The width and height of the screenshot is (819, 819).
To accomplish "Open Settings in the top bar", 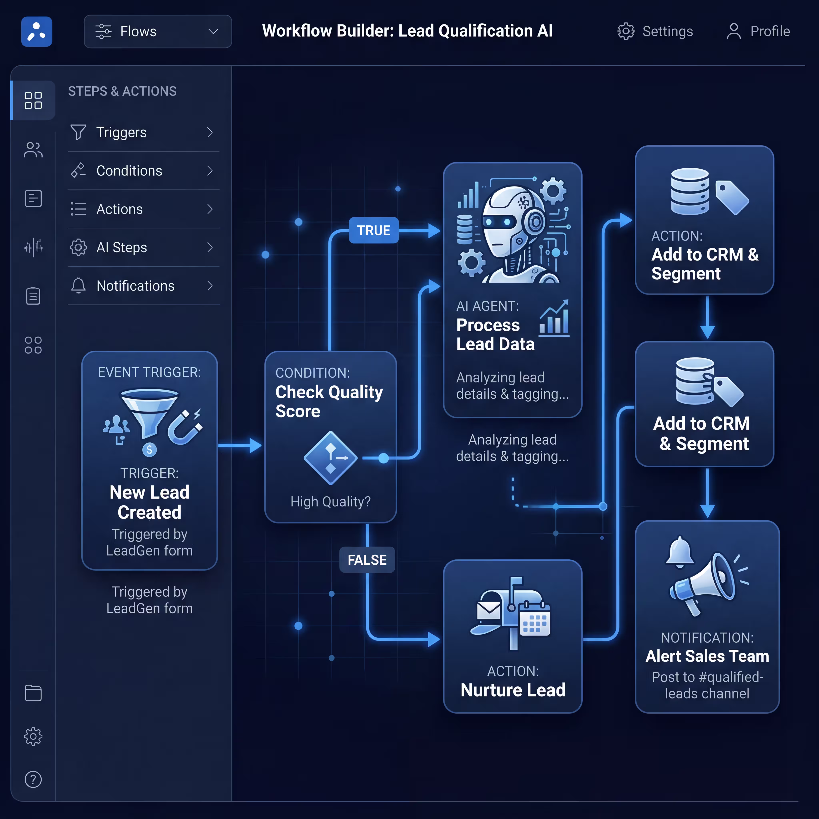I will [655, 31].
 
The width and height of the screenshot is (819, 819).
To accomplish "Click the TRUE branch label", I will [374, 230].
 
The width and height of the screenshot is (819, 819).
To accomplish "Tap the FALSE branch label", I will [367, 560].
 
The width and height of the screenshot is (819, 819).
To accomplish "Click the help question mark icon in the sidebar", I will [33, 779].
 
